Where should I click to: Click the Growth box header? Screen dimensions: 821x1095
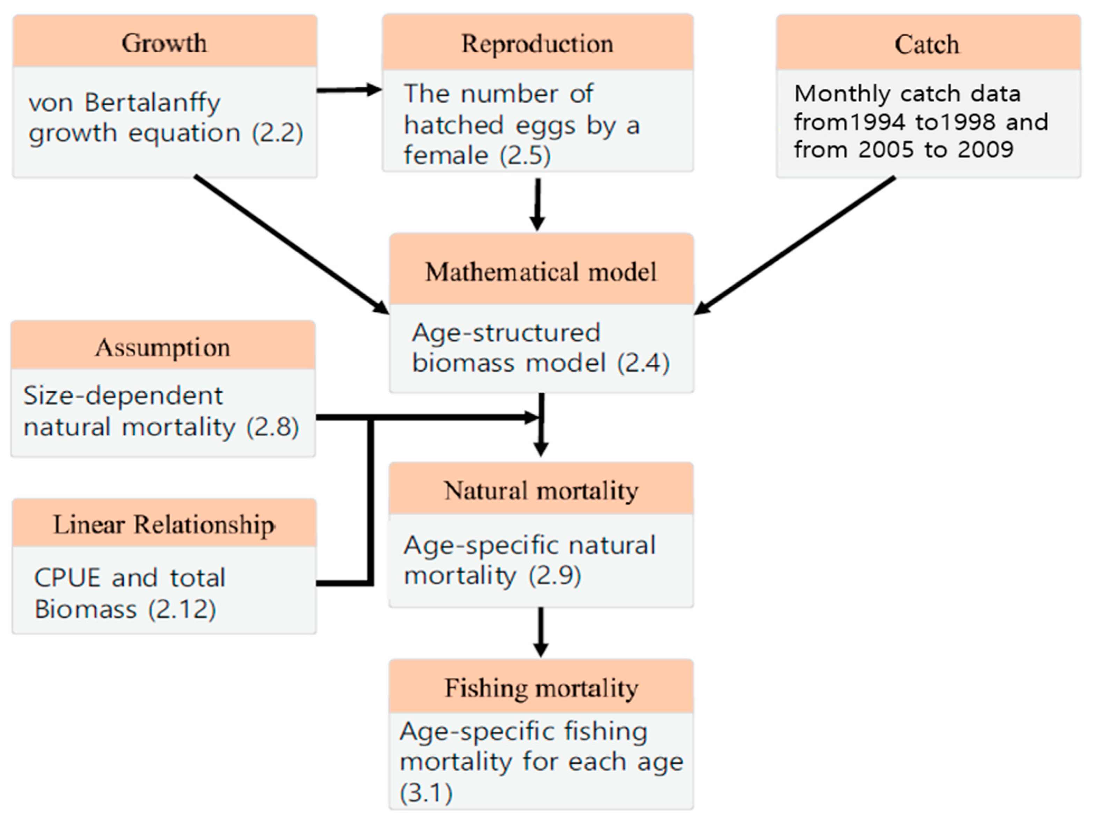[x=164, y=43]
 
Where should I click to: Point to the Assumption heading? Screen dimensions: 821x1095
[x=163, y=347]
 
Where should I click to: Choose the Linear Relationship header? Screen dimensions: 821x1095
[x=164, y=525]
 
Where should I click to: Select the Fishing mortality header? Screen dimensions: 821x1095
[x=541, y=688]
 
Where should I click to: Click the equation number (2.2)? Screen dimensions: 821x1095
[x=277, y=133]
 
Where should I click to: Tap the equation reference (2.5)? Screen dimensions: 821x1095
[x=525, y=155]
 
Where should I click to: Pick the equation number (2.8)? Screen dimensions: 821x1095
[x=273, y=427]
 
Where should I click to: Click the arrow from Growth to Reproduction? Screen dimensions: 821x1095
[x=349, y=90]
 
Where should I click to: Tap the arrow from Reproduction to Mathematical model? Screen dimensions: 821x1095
[x=538, y=204]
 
